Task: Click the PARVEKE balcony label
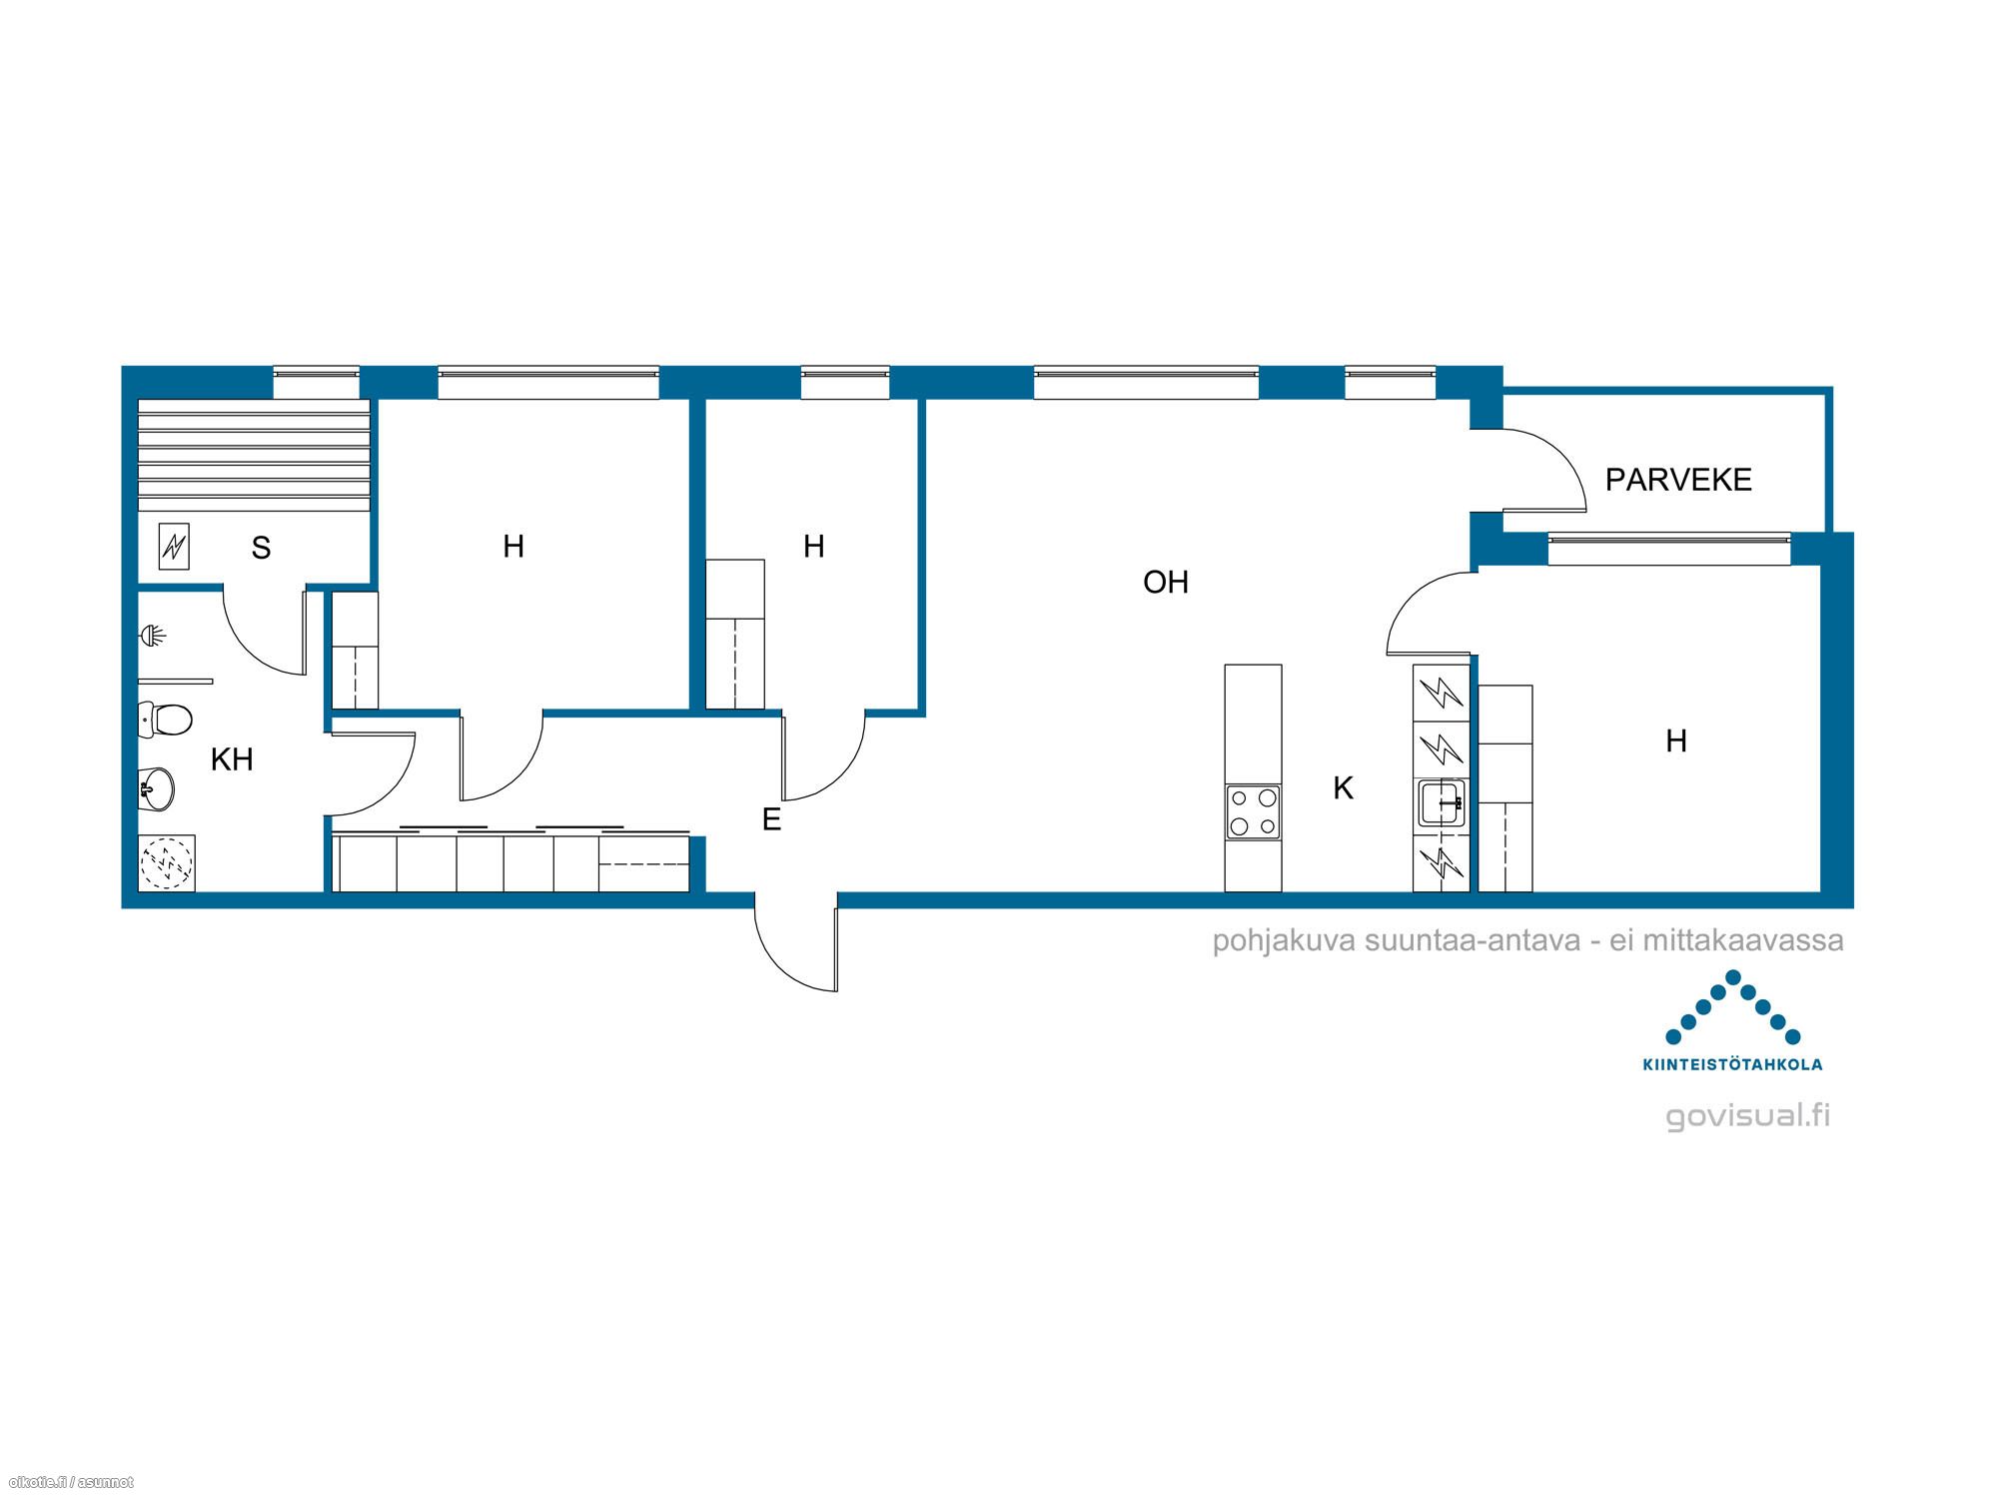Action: click(x=1678, y=480)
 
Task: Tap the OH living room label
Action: click(x=1166, y=582)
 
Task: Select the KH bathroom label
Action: click(x=232, y=759)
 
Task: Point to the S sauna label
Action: click(x=261, y=548)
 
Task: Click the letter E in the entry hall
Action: click(x=771, y=819)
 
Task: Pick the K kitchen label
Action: click(x=1344, y=788)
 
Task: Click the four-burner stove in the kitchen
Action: click(x=1254, y=812)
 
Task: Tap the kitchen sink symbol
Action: click(x=1442, y=803)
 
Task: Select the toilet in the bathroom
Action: click(x=165, y=719)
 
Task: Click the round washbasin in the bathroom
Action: click(x=157, y=788)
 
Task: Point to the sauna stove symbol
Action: click(x=174, y=547)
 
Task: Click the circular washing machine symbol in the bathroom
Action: click(x=167, y=862)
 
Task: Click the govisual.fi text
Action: click(x=1748, y=1115)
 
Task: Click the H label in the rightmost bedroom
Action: click(x=1676, y=741)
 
